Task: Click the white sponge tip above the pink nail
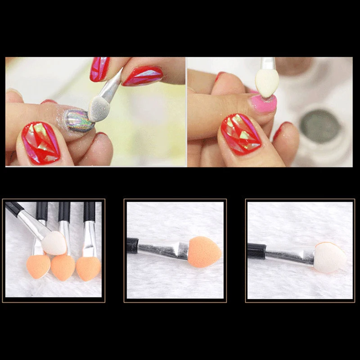(267, 81)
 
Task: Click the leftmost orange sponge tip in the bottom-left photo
(38, 265)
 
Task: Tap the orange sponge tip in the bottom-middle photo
(204, 252)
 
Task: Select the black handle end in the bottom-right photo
(256, 250)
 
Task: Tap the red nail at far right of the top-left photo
(143, 75)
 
